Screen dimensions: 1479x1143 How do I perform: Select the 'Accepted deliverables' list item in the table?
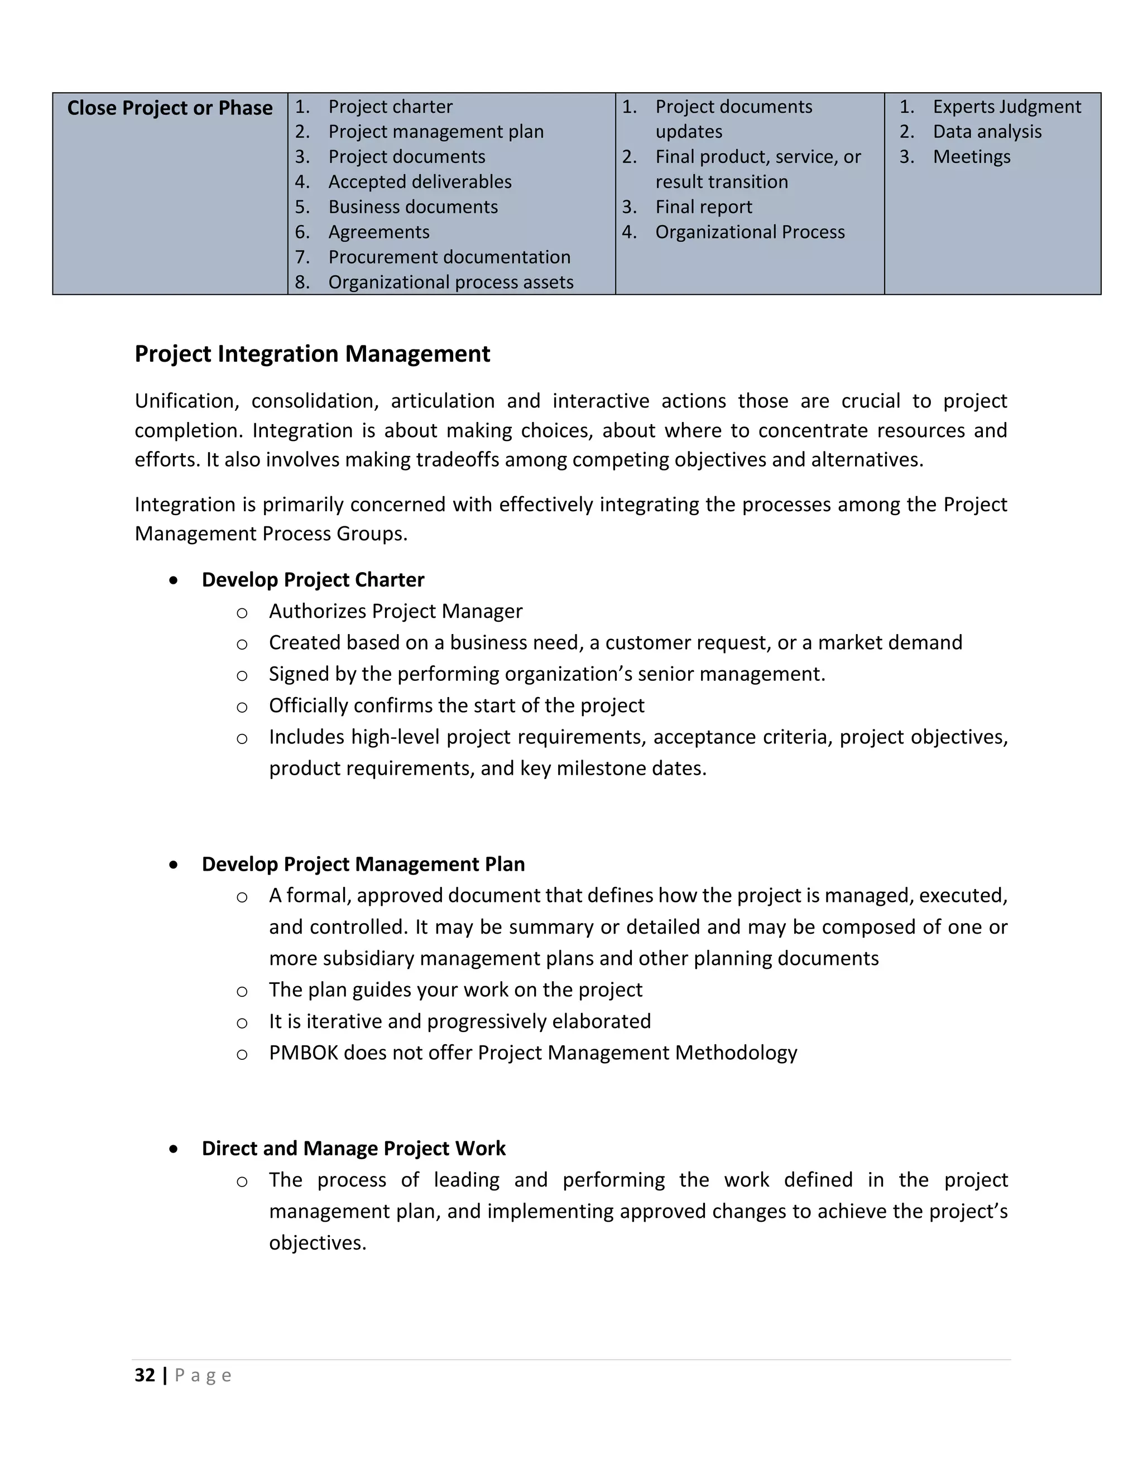pos(419,182)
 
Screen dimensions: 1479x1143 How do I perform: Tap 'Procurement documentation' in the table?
pos(449,257)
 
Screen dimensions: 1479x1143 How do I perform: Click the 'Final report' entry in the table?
pos(704,207)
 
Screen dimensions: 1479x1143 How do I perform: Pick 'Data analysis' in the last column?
pos(987,132)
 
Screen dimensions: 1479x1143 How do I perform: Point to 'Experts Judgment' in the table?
pos(1006,107)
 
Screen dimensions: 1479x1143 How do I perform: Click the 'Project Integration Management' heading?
pos(312,354)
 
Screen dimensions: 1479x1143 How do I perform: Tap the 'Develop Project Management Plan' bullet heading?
pos(363,864)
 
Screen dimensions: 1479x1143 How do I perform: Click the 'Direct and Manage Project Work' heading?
pos(353,1149)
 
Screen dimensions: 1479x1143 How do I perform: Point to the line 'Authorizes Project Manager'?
pos(396,612)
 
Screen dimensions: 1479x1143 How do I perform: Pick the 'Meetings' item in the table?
pos(971,157)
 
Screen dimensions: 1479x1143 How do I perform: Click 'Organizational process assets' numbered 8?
pos(450,282)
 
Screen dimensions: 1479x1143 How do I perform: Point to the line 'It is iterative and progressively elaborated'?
pos(459,1021)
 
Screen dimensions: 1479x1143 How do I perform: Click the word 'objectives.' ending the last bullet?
pos(317,1243)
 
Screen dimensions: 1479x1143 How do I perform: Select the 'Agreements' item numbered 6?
pos(378,232)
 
